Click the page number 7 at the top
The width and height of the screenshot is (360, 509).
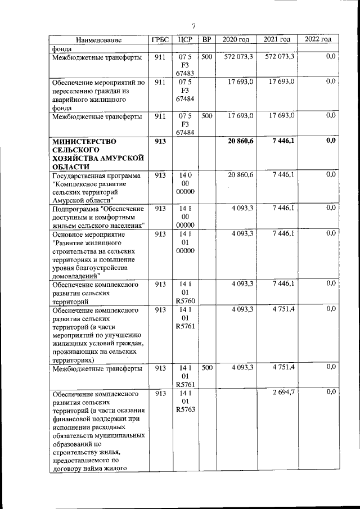pos(193,26)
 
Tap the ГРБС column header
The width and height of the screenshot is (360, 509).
pos(160,40)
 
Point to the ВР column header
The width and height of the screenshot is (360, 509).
pos(207,40)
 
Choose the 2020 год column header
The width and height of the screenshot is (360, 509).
pos(236,40)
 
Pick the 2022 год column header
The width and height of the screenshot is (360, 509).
pos(318,39)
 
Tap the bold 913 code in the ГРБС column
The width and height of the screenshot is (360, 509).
pos(160,141)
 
